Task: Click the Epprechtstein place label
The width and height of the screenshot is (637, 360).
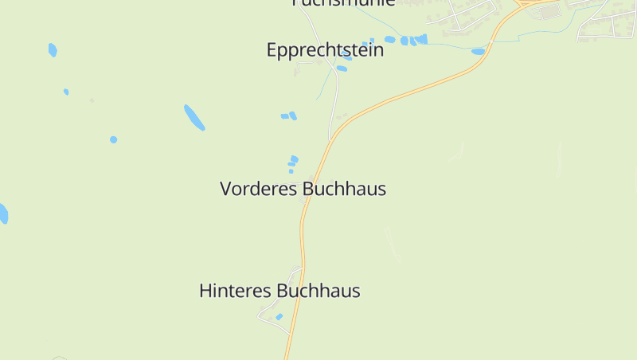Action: pos(325,51)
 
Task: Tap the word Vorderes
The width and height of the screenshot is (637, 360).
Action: pos(259,190)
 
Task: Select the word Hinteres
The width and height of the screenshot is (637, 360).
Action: pos(235,292)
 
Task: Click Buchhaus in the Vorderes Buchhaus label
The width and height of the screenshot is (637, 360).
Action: pos(344,190)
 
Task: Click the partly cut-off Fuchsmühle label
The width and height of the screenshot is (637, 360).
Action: pos(344,3)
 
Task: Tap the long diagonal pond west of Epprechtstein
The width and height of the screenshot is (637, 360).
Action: pos(194,117)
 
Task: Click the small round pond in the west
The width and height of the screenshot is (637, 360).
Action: pos(114,139)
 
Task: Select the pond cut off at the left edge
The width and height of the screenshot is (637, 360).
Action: pos(3,213)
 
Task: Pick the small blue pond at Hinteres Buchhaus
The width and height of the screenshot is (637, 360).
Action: pos(279,317)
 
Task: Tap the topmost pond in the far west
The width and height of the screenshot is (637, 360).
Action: pos(53,50)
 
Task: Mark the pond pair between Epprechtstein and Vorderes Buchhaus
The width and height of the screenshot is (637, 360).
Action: pos(289,116)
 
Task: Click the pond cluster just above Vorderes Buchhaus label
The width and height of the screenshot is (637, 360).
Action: pos(293,163)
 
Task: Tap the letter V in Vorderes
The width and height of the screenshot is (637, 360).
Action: pos(226,190)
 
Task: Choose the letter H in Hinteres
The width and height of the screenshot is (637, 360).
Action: pos(205,292)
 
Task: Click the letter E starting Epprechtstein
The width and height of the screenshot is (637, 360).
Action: pos(272,51)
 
